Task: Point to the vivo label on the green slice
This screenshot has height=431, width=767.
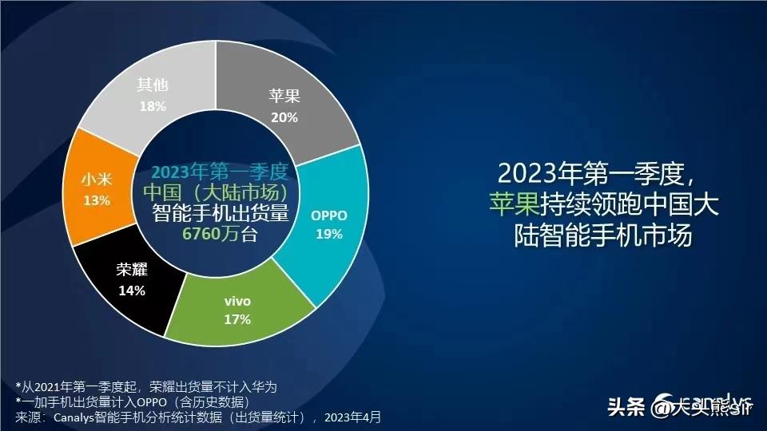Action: click(x=237, y=302)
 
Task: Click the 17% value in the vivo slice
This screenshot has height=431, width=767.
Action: click(x=237, y=319)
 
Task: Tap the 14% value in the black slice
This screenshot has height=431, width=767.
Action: click(x=131, y=291)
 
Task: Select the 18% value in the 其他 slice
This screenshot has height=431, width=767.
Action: click(x=152, y=105)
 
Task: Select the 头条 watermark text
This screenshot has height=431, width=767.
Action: click(x=626, y=408)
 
